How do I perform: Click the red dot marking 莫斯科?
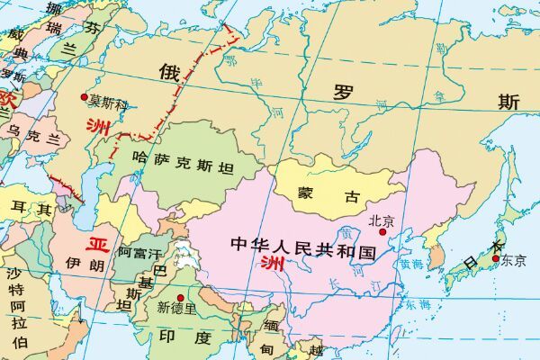pos(85,97)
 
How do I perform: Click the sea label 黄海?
pos(411,265)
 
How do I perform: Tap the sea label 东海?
pos(417,306)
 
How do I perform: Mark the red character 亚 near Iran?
pos(97,244)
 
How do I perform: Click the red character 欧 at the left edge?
pos(7,97)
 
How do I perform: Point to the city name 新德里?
pos(176,308)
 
